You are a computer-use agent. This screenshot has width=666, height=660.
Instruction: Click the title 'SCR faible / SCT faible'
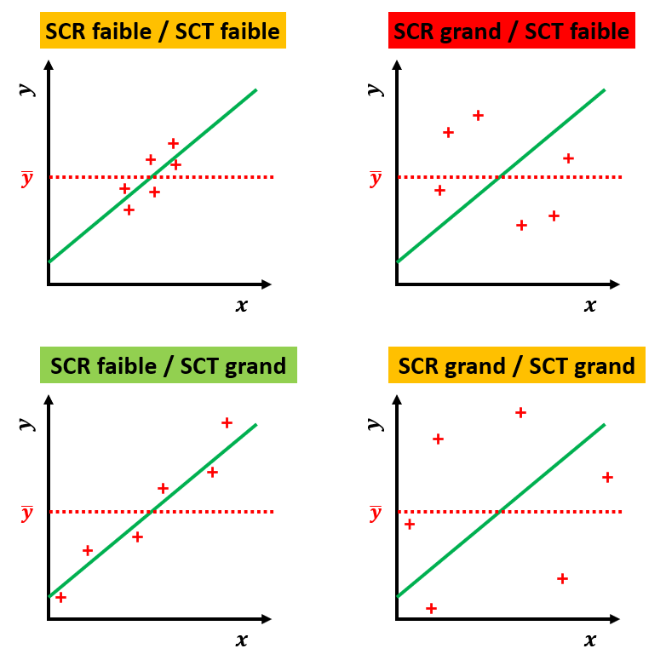pos(163,32)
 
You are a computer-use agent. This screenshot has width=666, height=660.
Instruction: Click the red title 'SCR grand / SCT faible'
pos(512,32)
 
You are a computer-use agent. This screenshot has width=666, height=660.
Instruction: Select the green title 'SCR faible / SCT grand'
pos(168,366)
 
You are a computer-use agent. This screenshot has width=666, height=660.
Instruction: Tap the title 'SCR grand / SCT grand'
pos(516,366)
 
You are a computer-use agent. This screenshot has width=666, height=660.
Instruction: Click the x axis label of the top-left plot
pos(242,306)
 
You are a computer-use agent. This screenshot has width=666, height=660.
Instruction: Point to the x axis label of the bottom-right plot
pos(590,640)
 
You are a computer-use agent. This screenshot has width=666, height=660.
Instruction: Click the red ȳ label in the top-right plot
pos(376,179)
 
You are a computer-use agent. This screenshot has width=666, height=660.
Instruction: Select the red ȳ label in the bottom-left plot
pos(27,513)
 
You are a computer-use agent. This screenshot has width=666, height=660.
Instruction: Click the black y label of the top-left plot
pos(28,89)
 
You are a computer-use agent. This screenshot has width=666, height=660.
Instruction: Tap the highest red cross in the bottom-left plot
pos(227,422)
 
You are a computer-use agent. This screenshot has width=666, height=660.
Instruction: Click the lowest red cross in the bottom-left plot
pos(60,597)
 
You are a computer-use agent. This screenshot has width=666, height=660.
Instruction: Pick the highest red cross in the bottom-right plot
pos(520,413)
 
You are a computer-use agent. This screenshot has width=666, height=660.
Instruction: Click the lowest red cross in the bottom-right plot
pos(431,608)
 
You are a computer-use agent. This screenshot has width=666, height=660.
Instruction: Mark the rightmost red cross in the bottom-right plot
pos(607,477)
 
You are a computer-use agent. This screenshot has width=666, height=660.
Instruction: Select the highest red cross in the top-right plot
pos(478,115)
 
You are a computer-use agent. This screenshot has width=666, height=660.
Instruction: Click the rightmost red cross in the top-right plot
pos(568,158)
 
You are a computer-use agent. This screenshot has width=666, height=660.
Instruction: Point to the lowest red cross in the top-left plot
pos(129,209)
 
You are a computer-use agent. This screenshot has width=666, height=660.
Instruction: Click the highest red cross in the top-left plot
pos(173,143)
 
